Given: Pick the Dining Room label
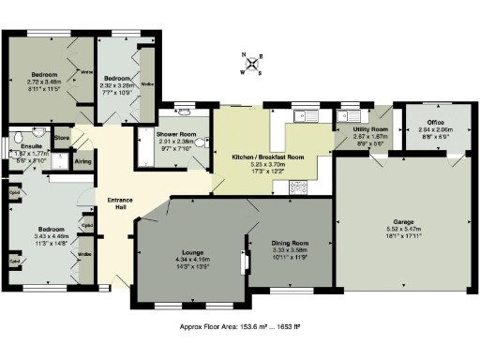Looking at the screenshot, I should (289, 243).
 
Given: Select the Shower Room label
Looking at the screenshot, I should (176, 135).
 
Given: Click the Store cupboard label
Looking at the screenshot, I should (62, 139).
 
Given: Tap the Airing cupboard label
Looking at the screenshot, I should (83, 162).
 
